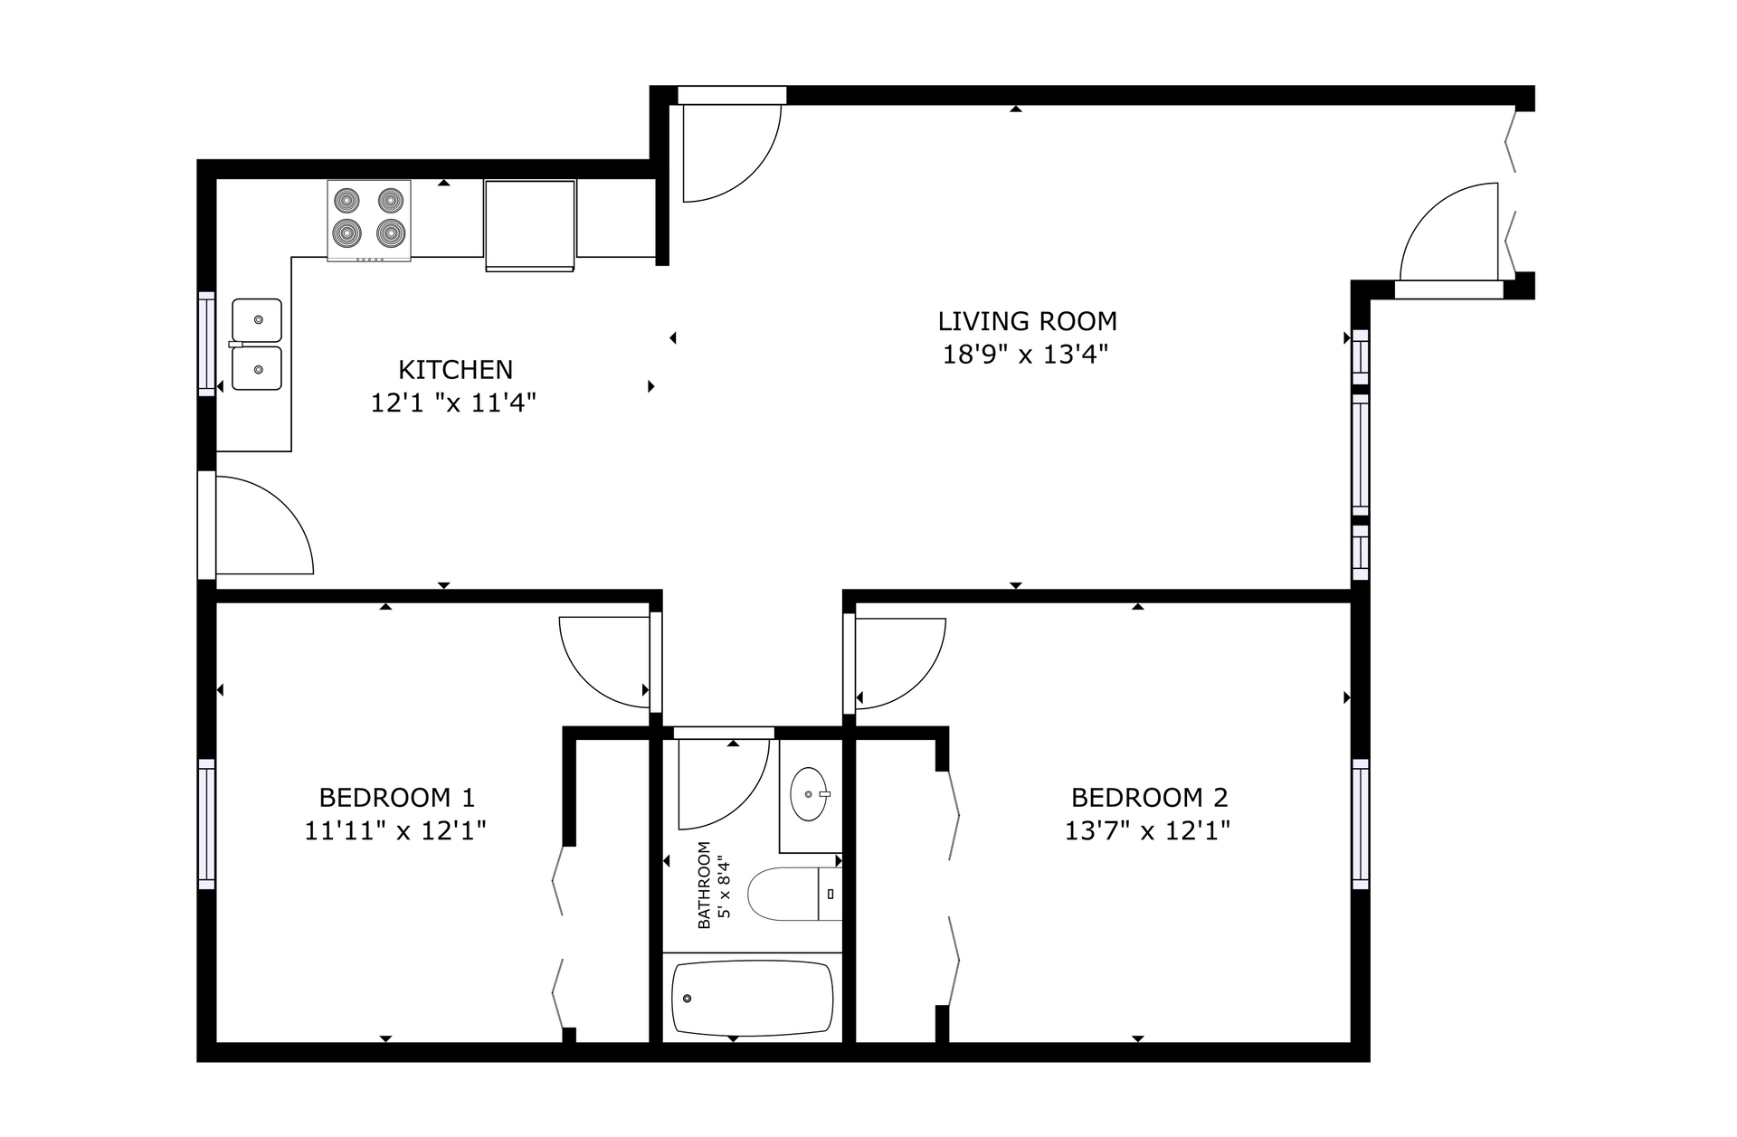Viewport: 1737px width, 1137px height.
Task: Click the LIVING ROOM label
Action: pos(1027,321)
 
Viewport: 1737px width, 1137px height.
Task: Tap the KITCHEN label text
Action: pos(455,369)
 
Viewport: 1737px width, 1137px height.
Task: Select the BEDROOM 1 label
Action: pos(396,798)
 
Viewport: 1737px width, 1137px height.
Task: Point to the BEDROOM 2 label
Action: pos(1149,798)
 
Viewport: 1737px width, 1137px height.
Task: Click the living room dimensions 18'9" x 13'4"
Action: pos(1026,354)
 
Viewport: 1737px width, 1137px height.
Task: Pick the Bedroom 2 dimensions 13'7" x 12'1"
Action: pos(1147,830)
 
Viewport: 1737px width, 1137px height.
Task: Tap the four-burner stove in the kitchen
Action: pos(369,221)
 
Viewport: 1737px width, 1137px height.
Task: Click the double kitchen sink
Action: pos(257,345)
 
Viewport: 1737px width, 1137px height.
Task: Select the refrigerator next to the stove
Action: pos(530,225)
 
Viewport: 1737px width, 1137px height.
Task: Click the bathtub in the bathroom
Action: pos(752,998)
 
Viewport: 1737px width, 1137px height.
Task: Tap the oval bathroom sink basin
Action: pos(809,794)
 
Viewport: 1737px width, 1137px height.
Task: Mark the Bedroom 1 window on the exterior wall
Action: pos(207,823)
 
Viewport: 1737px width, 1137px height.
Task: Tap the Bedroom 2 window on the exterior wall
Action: pos(1361,823)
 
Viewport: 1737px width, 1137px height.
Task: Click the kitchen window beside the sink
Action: pos(207,344)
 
